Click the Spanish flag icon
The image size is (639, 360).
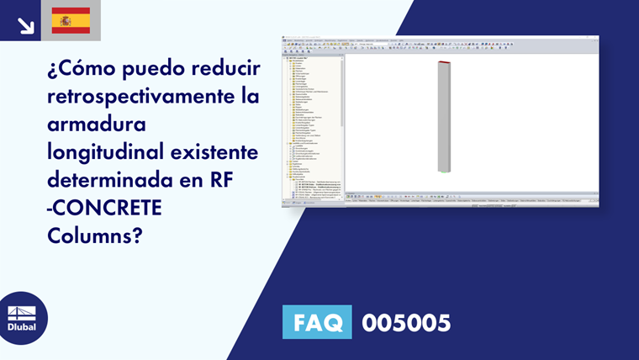coord(71,20)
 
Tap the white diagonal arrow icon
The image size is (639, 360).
coord(25,24)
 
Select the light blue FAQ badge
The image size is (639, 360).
coord(316,322)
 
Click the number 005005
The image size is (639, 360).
coord(406,322)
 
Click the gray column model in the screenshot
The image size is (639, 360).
coord(444,118)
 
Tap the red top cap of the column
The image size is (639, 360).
coord(445,63)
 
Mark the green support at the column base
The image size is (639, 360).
coord(443,172)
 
